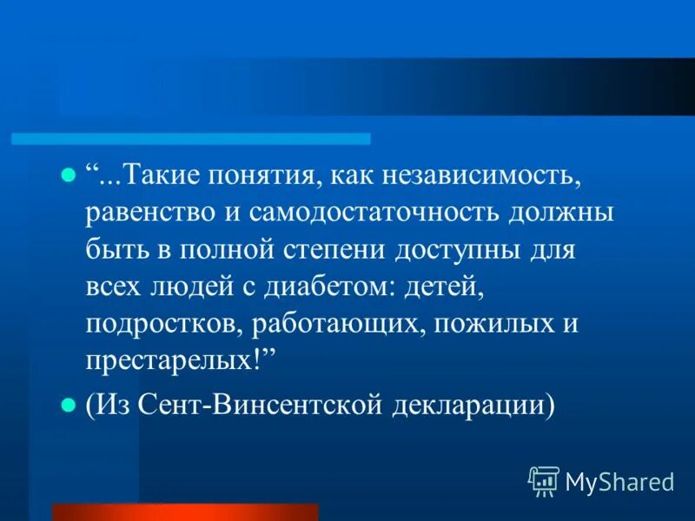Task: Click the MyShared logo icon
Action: pos(543,480)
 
